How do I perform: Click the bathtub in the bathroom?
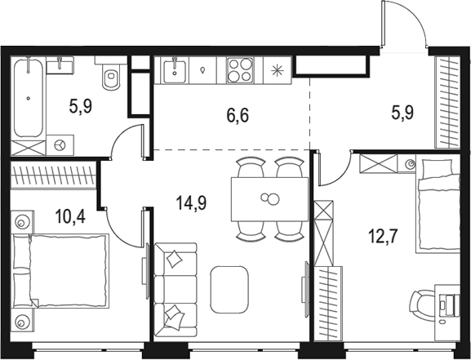click(x=29, y=97)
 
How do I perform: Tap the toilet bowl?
click(x=111, y=77)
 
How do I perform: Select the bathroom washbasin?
click(x=58, y=66)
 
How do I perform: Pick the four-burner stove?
click(x=239, y=71)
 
